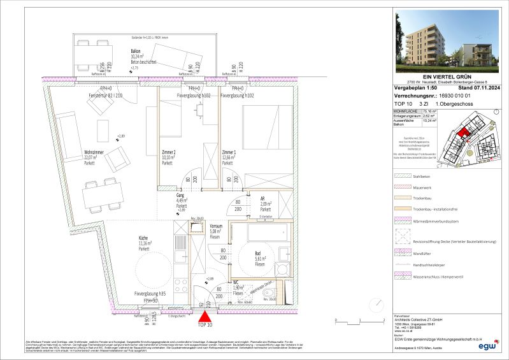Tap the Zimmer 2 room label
click(169, 154)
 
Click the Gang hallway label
click(181, 198)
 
